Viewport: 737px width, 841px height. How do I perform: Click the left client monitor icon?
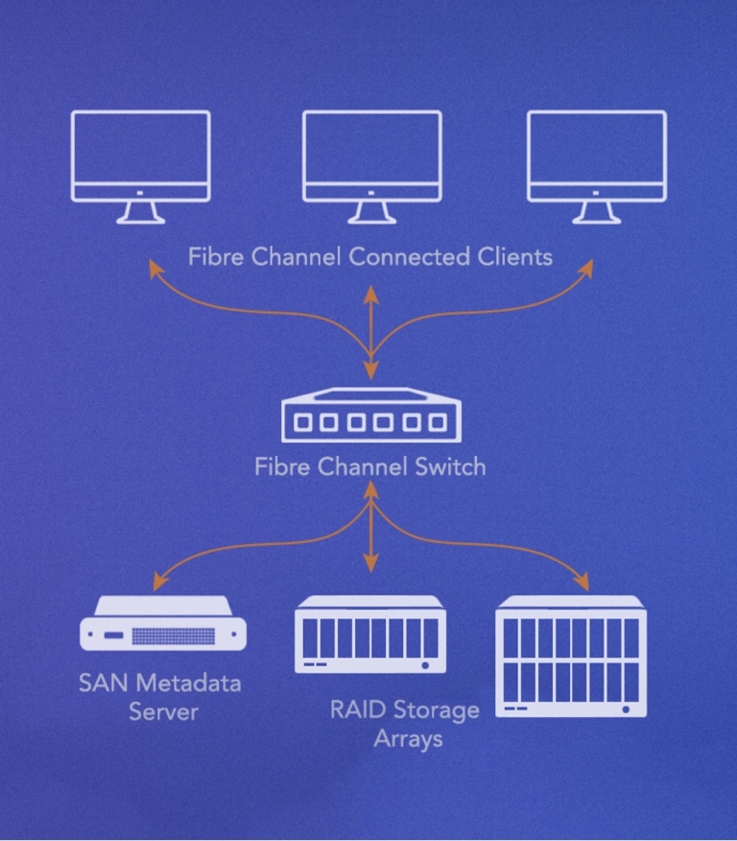coord(140,158)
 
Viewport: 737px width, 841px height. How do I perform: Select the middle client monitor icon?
coord(371,158)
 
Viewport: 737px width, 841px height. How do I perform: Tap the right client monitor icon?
coord(597,158)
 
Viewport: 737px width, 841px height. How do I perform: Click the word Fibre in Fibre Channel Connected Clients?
coord(214,257)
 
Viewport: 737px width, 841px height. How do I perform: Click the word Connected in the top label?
coord(410,257)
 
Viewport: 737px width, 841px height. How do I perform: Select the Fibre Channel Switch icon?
coord(369,416)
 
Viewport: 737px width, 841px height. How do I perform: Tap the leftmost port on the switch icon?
coord(304,422)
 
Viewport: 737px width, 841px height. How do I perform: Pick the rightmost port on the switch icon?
coord(438,422)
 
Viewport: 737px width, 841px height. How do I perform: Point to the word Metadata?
coord(188,685)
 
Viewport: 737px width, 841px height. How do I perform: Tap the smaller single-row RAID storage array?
coord(370,634)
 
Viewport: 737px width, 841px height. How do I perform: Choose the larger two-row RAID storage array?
coord(571,657)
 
